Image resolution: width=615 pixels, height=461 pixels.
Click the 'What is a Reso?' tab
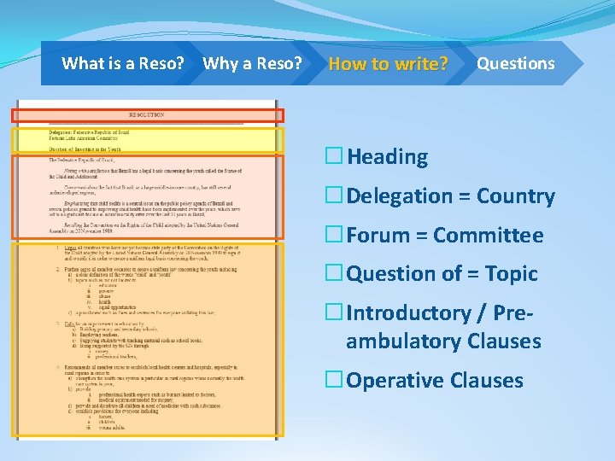[123, 63]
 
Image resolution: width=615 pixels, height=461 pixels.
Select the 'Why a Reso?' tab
[252, 63]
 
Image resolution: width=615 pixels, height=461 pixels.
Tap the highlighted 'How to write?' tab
[388, 63]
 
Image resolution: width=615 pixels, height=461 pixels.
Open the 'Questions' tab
[515, 63]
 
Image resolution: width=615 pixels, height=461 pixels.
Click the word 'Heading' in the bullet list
[387, 157]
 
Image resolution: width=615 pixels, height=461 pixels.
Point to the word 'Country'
[516, 196]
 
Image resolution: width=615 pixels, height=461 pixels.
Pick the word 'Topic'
[511, 274]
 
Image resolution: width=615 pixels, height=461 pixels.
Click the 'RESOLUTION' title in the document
[147, 114]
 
